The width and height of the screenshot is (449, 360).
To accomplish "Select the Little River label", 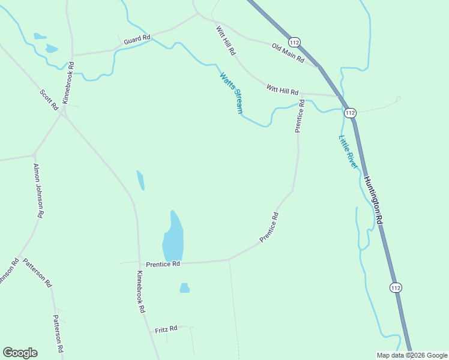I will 348,151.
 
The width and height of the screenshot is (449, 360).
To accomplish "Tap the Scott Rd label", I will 49,100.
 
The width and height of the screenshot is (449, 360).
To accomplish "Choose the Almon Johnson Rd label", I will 38,190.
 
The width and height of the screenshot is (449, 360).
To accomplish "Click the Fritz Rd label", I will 166,329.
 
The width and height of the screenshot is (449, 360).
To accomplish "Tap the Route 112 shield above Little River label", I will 351,113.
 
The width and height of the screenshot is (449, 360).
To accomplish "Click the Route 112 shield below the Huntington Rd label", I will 394,288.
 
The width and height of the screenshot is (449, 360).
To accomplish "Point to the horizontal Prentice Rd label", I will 163,264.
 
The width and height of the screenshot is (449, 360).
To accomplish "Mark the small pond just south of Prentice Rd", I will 184,289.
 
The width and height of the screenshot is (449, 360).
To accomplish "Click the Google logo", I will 20,353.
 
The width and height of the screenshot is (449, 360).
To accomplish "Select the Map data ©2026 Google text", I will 412,355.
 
